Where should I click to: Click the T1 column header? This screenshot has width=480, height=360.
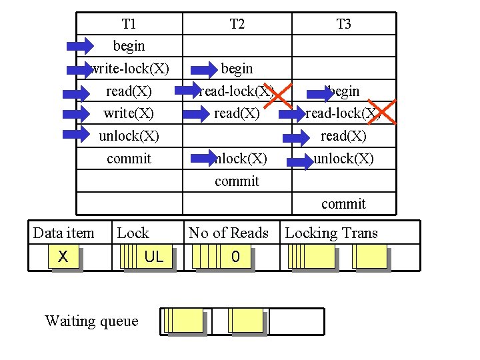tap(129, 24)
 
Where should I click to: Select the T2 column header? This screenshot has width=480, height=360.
tap(237, 24)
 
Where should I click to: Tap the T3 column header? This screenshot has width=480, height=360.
tap(343, 24)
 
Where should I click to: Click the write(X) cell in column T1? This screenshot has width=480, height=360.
tap(129, 113)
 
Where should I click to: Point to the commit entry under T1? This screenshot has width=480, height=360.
tap(129, 159)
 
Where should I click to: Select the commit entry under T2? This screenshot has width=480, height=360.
tap(237, 181)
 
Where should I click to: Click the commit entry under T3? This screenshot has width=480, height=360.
tap(343, 204)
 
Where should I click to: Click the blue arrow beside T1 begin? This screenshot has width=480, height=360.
tap(81, 46)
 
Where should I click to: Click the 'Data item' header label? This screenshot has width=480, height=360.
tap(63, 233)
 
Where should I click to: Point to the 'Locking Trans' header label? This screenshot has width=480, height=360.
tap(331, 233)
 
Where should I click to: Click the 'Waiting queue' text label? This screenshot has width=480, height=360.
tap(91, 321)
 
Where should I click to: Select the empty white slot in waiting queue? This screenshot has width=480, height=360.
tap(297, 321)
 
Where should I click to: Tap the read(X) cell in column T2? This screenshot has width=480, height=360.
tap(237, 113)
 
